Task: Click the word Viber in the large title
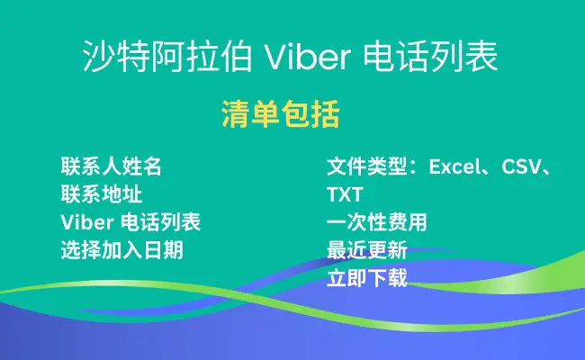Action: [x=308, y=57]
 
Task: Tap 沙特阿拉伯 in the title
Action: [x=167, y=57]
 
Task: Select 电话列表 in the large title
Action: [x=431, y=57]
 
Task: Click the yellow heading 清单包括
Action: [x=280, y=114]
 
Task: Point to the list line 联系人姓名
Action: [x=112, y=166]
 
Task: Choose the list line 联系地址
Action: [x=102, y=194]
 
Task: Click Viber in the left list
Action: [x=87, y=222]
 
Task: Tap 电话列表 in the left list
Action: [x=161, y=222]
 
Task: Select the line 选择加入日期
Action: [x=122, y=249]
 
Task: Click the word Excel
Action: [x=454, y=166]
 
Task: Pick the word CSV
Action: [x=521, y=166]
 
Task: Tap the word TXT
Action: [x=345, y=194]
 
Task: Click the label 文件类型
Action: [x=366, y=166]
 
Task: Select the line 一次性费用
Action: [x=377, y=222]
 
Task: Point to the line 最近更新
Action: [x=367, y=249]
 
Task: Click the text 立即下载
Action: [x=367, y=277]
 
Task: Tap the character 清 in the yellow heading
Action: [x=236, y=114]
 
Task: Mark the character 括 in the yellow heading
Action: [x=325, y=114]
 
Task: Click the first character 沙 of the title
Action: [x=99, y=57]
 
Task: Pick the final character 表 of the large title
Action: [x=482, y=57]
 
